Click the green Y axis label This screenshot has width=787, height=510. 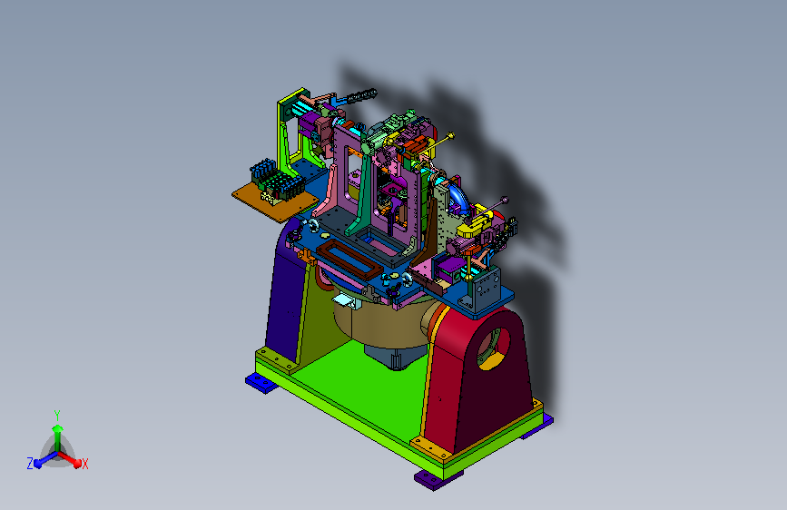pos(57,416)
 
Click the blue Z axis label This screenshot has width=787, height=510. pos(30,464)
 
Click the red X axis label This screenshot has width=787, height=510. pos(84,464)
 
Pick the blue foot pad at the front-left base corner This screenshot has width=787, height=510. pos(261,383)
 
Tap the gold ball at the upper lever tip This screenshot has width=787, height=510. pos(450,135)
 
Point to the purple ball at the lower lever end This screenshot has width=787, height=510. pos(505,201)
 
